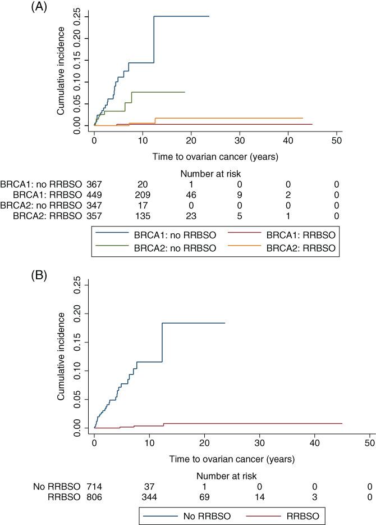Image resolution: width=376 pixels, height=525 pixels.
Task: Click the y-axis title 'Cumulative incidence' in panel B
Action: tap(62, 356)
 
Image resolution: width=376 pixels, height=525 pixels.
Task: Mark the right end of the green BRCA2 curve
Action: tap(184, 92)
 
